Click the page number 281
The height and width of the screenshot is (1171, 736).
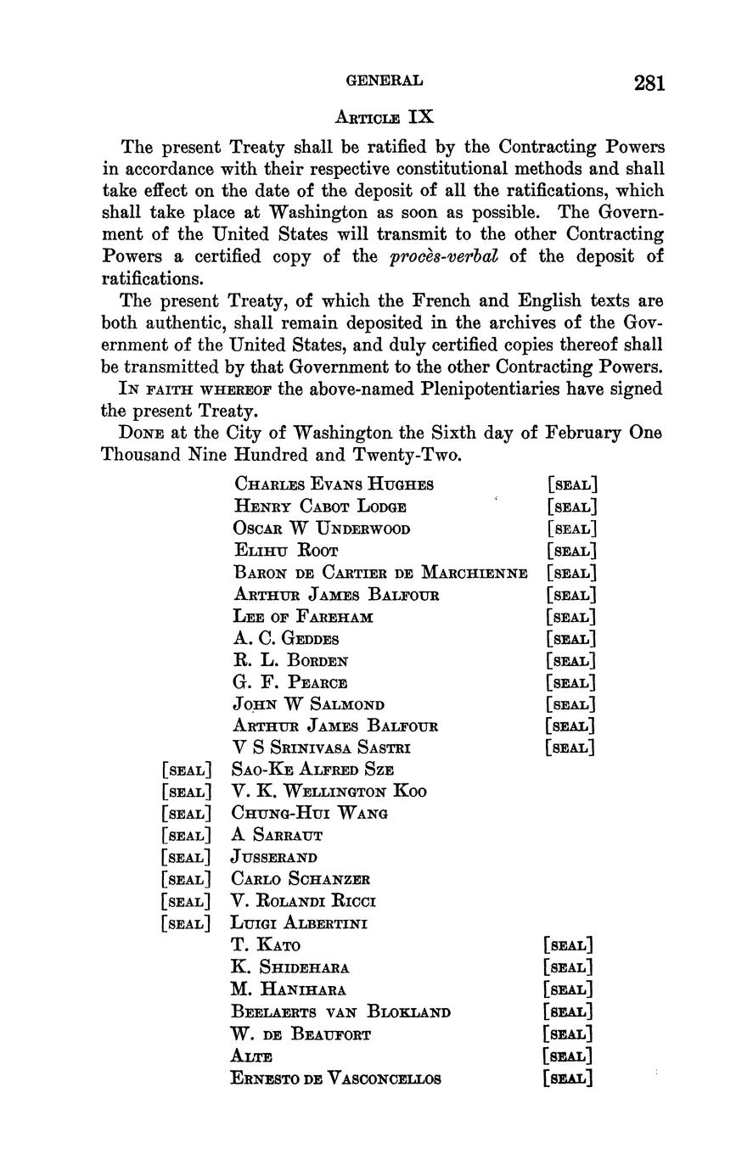pyautogui.click(x=649, y=82)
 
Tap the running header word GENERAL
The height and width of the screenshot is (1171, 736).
pyautogui.click(x=384, y=81)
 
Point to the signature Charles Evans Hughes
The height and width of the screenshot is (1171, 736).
pyautogui.click(x=334, y=485)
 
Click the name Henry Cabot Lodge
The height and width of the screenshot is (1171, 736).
pyautogui.click(x=320, y=507)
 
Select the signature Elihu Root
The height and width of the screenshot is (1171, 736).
pyautogui.click(x=286, y=551)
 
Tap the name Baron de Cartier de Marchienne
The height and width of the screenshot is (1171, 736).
pyautogui.click(x=380, y=573)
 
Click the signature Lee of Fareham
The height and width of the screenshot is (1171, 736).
pyautogui.click(x=303, y=617)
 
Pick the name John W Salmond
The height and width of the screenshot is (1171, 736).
pyautogui.click(x=309, y=704)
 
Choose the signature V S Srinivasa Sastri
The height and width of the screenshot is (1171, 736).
pyautogui.click(x=323, y=748)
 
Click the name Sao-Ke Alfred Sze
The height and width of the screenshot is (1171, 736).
pyautogui.click(x=312, y=770)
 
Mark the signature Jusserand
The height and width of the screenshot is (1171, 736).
pyautogui.click(x=273, y=858)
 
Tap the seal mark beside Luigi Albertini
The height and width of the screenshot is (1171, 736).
pyautogui.click(x=185, y=923)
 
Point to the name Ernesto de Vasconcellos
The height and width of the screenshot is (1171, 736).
pyautogui.click(x=335, y=1079)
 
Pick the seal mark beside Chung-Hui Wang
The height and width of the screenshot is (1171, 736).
pyautogui.click(x=185, y=814)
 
